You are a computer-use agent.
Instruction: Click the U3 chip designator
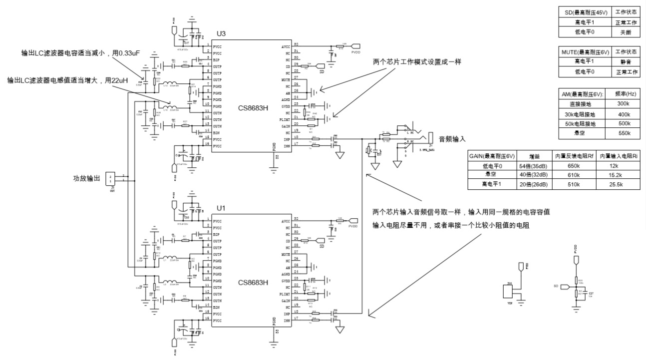pos(221,34)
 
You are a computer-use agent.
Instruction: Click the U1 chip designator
pos(221,208)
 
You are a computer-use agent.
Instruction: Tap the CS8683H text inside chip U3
pos(253,108)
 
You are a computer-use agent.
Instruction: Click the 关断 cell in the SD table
pos(626,32)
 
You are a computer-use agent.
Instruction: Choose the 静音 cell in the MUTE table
pos(626,62)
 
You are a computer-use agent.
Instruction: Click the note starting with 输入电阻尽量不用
pos(451,225)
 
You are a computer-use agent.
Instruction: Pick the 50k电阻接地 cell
pos(584,123)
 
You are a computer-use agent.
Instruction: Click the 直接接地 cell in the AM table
pos(584,103)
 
